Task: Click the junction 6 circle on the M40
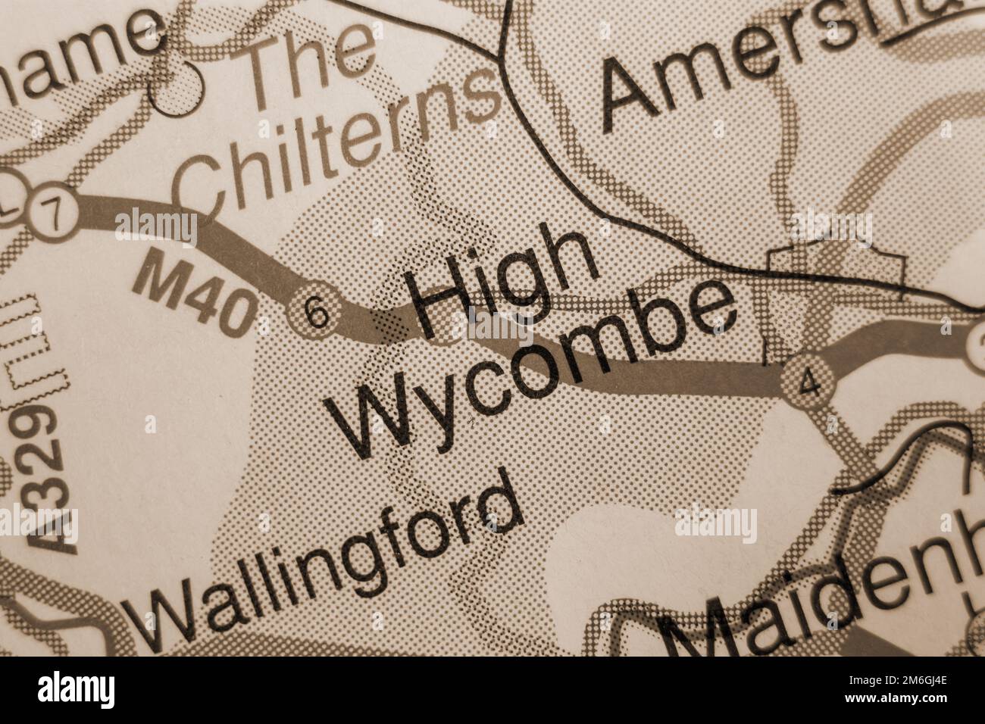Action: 316,311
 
